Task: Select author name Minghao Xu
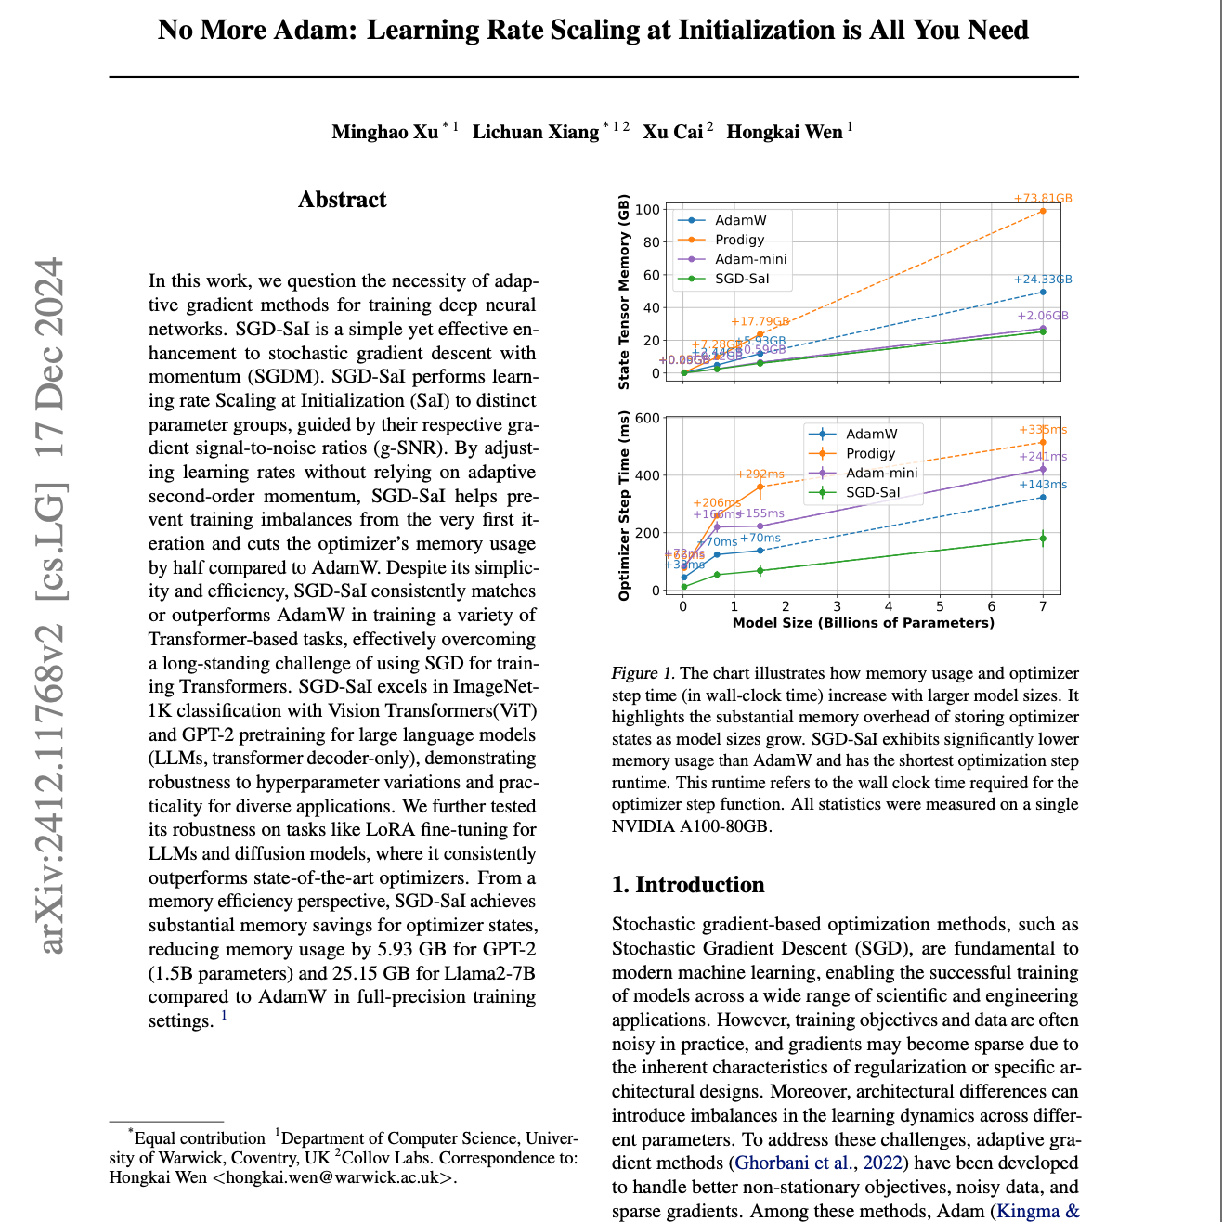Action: [384, 132]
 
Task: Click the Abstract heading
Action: [342, 200]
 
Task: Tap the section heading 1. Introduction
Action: [688, 885]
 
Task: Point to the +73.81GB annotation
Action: [1042, 199]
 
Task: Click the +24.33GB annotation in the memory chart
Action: [1042, 279]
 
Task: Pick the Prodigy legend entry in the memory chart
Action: [739, 240]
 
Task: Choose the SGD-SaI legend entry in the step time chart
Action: [872, 492]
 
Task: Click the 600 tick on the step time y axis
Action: [648, 418]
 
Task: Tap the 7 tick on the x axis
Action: [1043, 606]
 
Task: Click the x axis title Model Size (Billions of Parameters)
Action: [863, 623]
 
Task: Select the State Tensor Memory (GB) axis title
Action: [624, 292]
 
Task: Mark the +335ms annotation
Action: [1043, 430]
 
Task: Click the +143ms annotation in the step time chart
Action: [1043, 485]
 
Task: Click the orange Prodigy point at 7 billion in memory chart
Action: [1043, 211]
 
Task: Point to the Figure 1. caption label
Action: [642, 673]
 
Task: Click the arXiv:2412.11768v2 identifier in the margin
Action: [52, 789]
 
